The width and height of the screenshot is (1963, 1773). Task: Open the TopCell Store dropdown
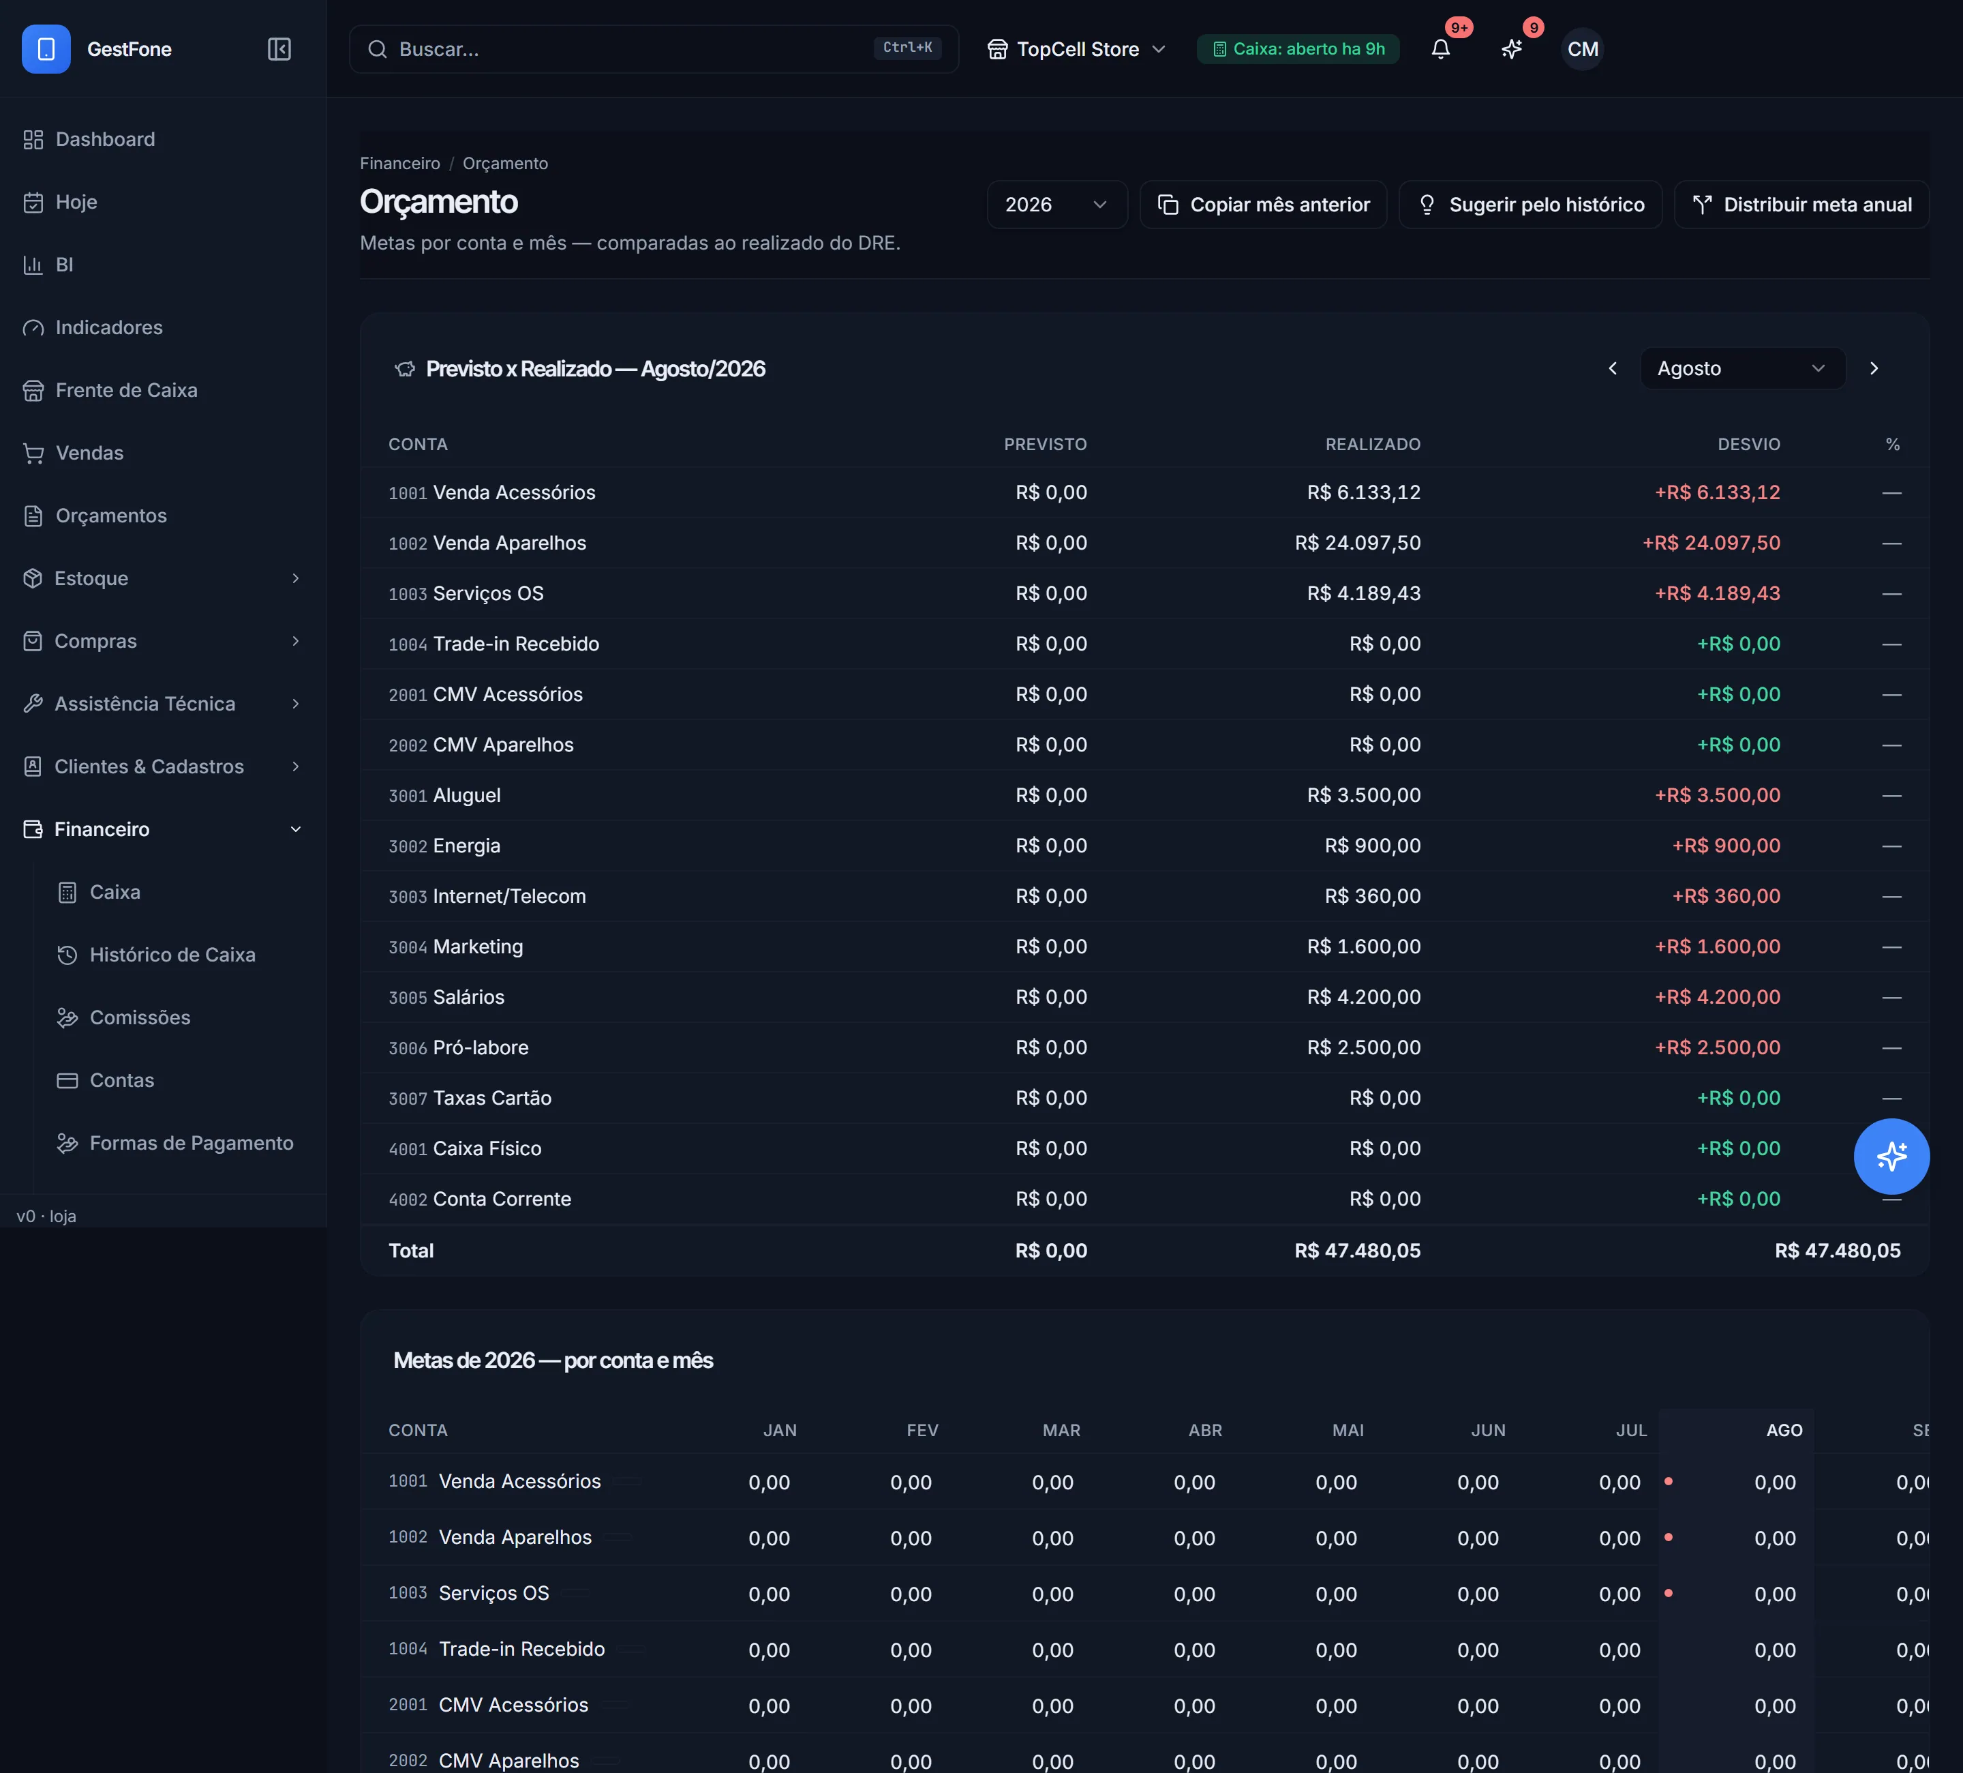[1076, 48]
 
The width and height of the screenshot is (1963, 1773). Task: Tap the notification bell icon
[1440, 48]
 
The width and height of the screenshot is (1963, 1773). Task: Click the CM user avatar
[1582, 48]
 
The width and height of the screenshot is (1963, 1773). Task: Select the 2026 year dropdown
[1056, 205]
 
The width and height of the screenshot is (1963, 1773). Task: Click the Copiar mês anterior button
[1263, 205]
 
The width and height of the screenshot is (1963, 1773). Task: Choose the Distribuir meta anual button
[1801, 205]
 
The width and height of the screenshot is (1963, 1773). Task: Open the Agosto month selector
[1742, 368]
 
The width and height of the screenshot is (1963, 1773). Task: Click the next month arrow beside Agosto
[1874, 368]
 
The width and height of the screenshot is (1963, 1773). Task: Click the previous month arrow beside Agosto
[1613, 368]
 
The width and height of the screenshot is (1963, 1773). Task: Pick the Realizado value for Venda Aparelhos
[1357, 543]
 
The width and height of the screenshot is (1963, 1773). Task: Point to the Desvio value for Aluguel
[1718, 795]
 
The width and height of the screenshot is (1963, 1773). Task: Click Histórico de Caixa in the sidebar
[172, 955]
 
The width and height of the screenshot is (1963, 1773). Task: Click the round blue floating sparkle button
[1891, 1157]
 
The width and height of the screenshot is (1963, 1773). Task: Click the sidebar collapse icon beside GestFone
[279, 48]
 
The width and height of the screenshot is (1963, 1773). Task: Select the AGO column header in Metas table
[1784, 1430]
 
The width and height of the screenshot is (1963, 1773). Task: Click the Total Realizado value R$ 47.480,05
[1357, 1251]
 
